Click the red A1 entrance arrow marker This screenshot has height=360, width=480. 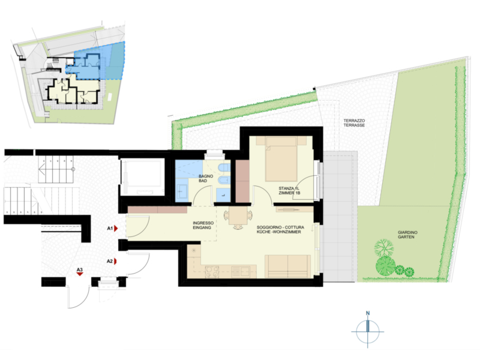click(116, 229)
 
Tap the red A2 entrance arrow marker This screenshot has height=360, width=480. click(116, 261)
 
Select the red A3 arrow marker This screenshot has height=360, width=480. click(80, 274)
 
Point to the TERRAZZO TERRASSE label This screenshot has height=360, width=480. click(354, 123)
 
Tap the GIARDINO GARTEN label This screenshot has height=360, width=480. click(407, 235)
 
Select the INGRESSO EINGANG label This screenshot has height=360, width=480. click(203, 226)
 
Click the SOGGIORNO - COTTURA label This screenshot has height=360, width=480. click(280, 227)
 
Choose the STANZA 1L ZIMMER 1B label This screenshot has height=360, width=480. click(289, 191)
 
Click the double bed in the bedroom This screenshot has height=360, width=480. click(281, 159)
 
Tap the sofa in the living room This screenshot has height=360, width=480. click(287, 266)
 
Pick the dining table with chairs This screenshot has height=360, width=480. click(238, 218)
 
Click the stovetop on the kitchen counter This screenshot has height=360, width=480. click(212, 272)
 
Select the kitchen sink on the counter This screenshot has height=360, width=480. click(241, 271)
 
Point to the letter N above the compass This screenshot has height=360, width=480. click(368, 313)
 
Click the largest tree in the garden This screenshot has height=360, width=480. click(386, 265)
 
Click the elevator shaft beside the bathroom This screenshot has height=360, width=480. click(142, 177)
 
